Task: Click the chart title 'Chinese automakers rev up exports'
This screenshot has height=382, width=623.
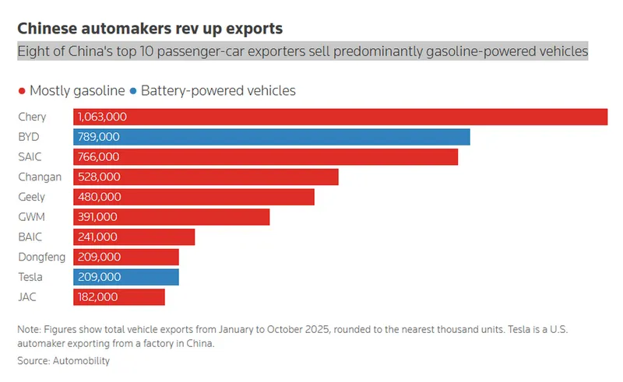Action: pyautogui.click(x=150, y=29)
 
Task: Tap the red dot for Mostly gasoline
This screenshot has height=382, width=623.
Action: pyautogui.click(x=22, y=91)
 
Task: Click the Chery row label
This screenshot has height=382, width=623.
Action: pyautogui.click(x=32, y=117)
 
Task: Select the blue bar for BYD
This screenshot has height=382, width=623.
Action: pyautogui.click(x=272, y=137)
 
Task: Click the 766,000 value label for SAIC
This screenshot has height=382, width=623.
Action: pyautogui.click(x=98, y=157)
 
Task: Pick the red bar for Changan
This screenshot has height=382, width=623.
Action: pyautogui.click(x=206, y=177)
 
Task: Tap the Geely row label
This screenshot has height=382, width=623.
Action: pyautogui.click(x=32, y=197)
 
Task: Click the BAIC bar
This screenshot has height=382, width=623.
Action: pyautogui.click(x=134, y=237)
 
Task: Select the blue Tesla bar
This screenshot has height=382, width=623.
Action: pyautogui.click(x=126, y=277)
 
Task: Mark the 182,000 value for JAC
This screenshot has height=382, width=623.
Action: pyautogui.click(x=97, y=296)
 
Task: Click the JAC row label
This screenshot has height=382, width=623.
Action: pyautogui.click(x=27, y=296)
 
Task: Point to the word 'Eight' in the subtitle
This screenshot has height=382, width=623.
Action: pyautogui.click(x=32, y=51)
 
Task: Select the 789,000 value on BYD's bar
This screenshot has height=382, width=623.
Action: pyautogui.click(x=98, y=137)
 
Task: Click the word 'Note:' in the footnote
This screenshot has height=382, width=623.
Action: pyautogui.click(x=30, y=330)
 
